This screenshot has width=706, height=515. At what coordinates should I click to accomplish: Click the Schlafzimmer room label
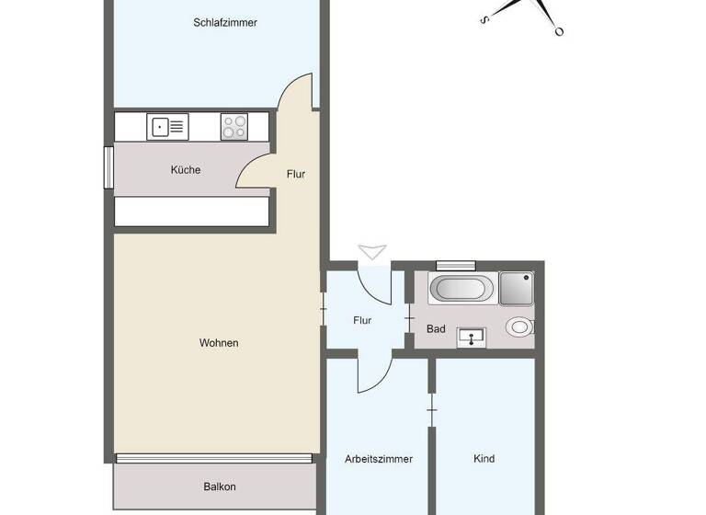(225, 23)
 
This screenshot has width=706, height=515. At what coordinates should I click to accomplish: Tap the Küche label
(185, 170)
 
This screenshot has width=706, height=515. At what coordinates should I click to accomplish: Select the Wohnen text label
(219, 343)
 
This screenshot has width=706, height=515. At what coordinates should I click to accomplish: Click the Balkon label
(220, 487)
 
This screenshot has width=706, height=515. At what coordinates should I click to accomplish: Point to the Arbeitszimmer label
(379, 459)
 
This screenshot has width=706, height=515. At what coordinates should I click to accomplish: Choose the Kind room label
(484, 459)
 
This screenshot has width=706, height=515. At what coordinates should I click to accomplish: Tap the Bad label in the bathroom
(436, 328)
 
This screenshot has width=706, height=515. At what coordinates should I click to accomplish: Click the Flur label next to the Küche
(295, 174)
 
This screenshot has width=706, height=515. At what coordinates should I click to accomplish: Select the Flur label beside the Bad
(362, 321)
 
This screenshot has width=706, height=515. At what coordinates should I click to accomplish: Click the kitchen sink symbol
(168, 126)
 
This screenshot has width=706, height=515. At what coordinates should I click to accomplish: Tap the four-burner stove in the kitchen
(233, 126)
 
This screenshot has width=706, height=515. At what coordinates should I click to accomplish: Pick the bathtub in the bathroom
(461, 289)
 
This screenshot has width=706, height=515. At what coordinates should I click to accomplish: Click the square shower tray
(516, 288)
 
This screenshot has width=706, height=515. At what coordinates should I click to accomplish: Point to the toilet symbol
(519, 326)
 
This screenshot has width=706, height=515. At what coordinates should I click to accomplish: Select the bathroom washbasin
(473, 338)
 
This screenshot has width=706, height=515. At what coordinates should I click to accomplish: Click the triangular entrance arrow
(373, 251)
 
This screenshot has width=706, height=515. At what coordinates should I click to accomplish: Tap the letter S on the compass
(484, 18)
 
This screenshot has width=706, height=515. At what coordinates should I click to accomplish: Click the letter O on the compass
(558, 31)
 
